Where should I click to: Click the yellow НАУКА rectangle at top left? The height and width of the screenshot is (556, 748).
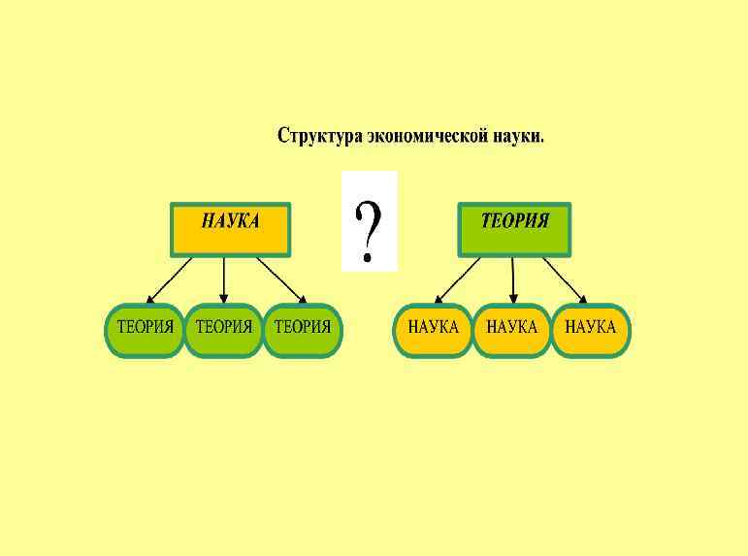click(x=230, y=229)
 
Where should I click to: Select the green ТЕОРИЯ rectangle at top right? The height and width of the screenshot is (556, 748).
click(x=514, y=229)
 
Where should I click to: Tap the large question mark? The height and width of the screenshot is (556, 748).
click(x=369, y=222)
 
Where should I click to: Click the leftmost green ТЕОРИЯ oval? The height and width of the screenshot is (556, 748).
click(x=145, y=330)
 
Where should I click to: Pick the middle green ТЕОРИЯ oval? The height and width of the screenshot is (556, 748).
click(x=223, y=330)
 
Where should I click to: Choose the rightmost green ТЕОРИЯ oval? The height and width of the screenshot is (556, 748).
click(x=302, y=330)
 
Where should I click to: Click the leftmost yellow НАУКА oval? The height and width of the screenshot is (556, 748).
click(x=433, y=330)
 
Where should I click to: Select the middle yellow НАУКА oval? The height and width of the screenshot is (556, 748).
click(x=511, y=330)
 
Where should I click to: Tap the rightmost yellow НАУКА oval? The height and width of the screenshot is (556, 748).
click(x=590, y=330)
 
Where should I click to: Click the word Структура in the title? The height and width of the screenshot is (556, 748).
click(x=319, y=136)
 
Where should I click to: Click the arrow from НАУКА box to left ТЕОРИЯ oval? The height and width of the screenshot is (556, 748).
click(x=169, y=280)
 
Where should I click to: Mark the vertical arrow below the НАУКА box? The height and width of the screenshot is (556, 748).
click(x=224, y=280)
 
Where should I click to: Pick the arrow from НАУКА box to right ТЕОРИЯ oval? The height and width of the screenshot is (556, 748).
click(x=282, y=280)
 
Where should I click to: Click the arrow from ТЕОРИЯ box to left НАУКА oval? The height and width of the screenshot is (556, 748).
click(x=457, y=280)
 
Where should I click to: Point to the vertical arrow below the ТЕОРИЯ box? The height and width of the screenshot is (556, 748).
click(x=512, y=280)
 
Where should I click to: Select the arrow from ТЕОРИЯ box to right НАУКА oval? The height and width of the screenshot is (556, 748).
click(x=565, y=280)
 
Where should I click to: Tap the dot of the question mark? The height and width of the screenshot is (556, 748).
click(x=367, y=258)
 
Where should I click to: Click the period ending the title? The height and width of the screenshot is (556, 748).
click(x=542, y=142)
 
